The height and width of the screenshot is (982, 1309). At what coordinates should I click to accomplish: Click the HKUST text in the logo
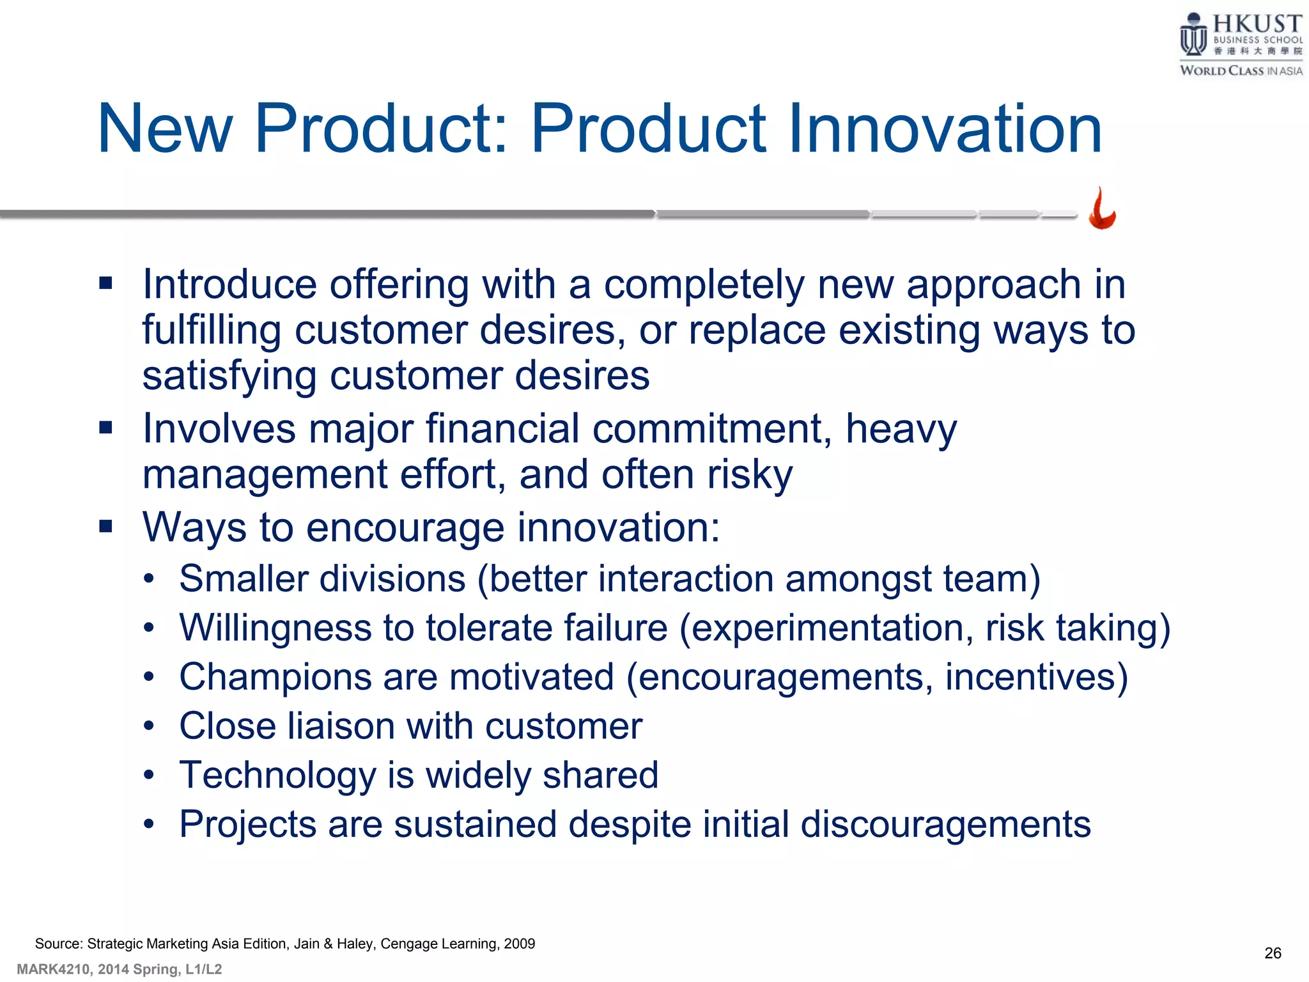point(1257,24)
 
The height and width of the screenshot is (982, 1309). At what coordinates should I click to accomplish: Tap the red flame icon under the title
point(1102,209)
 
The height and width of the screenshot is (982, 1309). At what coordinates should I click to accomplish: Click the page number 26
point(1273,953)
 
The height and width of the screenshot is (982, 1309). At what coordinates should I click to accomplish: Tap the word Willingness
point(275,628)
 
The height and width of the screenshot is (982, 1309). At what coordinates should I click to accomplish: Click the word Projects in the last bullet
point(247,824)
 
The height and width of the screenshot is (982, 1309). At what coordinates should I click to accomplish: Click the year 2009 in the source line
point(519,944)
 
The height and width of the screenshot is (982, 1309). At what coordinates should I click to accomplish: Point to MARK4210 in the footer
point(53,969)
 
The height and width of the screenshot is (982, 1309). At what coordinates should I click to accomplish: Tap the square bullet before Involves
point(106,427)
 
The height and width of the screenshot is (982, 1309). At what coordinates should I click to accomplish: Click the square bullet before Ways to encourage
point(106,526)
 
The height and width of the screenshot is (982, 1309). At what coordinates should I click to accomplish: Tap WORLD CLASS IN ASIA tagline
point(1241,70)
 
